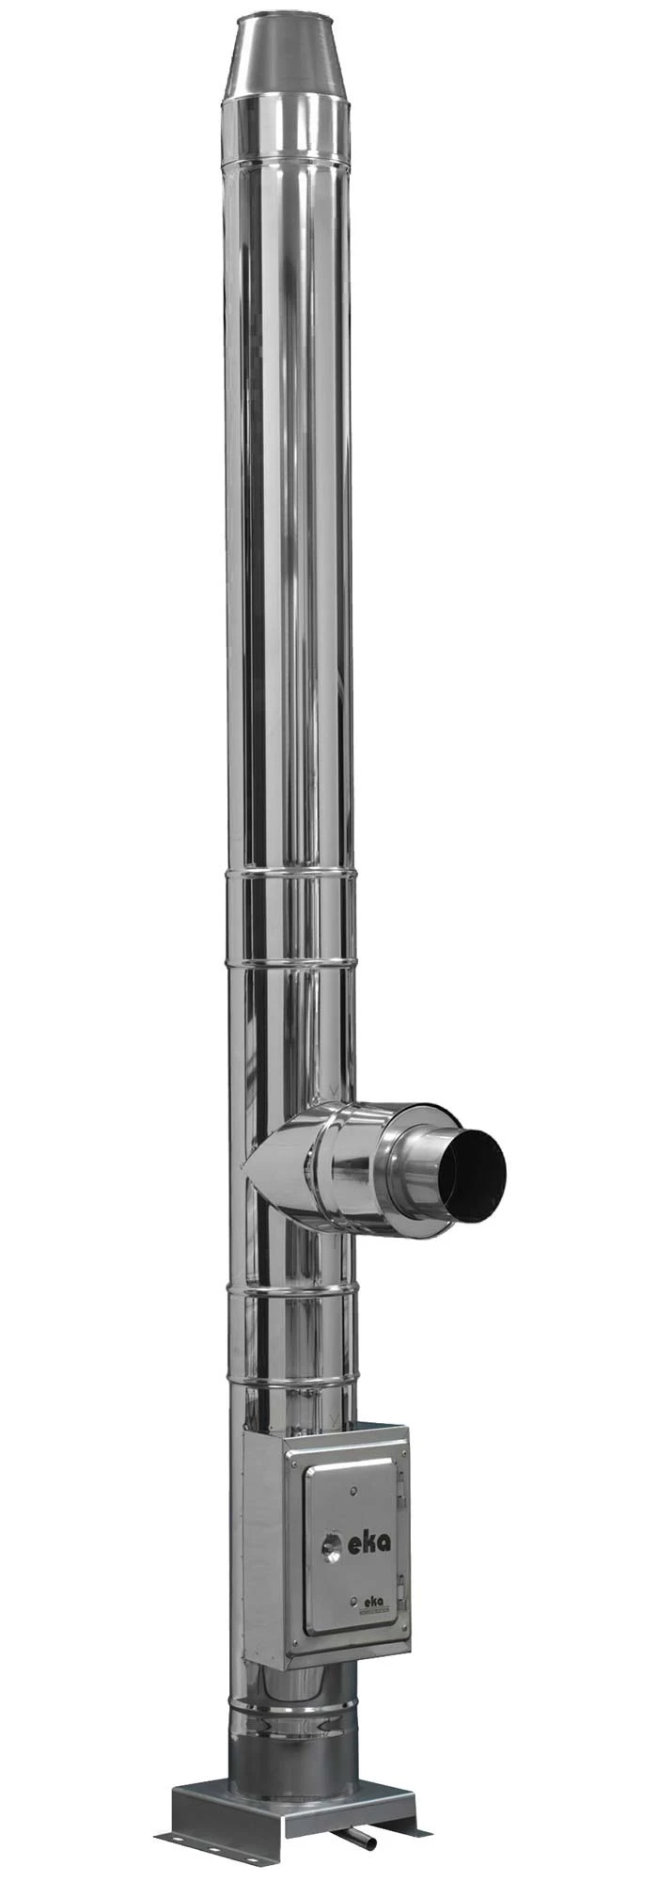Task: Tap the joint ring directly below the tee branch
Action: tap(291, 1289)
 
